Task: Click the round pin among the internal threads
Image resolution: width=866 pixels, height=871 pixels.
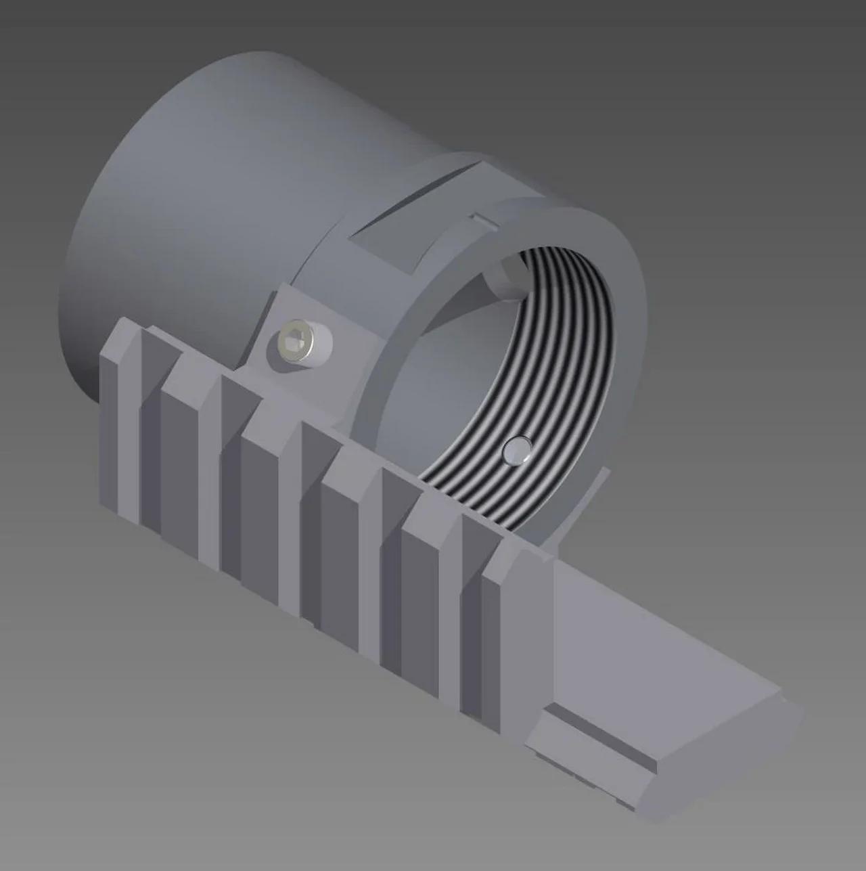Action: click(x=517, y=450)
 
